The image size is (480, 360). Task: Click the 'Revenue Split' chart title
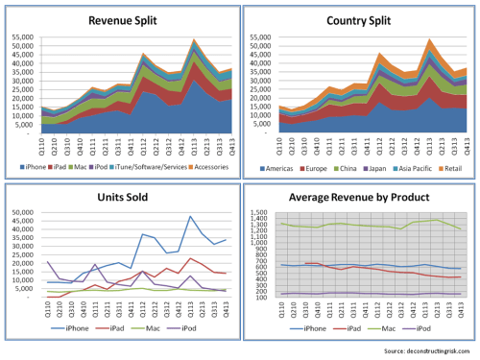point(119,19)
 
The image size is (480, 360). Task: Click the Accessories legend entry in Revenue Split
point(206,168)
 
